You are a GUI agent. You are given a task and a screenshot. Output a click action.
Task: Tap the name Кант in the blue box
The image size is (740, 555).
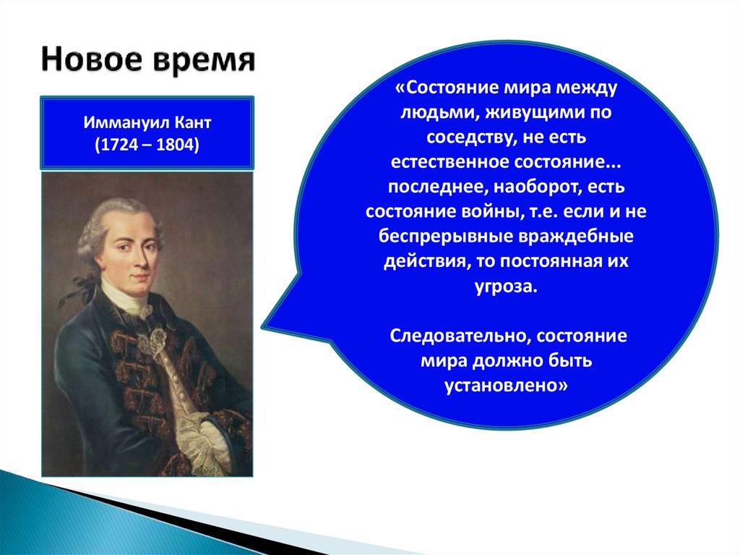pos(193,122)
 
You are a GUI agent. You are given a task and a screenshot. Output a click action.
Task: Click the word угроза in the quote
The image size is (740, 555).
pos(506,287)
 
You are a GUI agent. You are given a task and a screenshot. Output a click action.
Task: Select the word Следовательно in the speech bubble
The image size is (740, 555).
pos(460,336)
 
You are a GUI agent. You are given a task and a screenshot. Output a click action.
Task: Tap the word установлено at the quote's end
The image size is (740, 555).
pos(503,385)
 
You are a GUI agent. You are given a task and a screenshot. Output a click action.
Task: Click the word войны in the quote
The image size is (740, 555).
pos(494,211)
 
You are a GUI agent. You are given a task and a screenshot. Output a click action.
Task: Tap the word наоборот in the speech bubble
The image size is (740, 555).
pos(538,187)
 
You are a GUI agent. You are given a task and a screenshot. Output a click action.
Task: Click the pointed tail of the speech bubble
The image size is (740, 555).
pos(264,326)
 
